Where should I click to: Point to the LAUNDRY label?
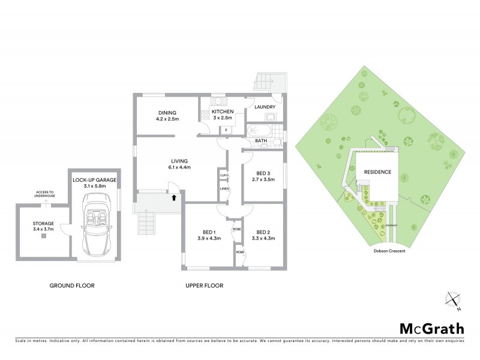point(265,107)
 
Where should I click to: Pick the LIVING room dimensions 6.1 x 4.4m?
point(179,167)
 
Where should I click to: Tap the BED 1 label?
point(209,232)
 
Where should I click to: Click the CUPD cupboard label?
point(223,175)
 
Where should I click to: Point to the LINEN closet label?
point(223,190)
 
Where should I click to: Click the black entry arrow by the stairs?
point(173,197)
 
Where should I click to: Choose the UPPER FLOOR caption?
point(204,286)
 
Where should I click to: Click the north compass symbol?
point(454,301)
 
